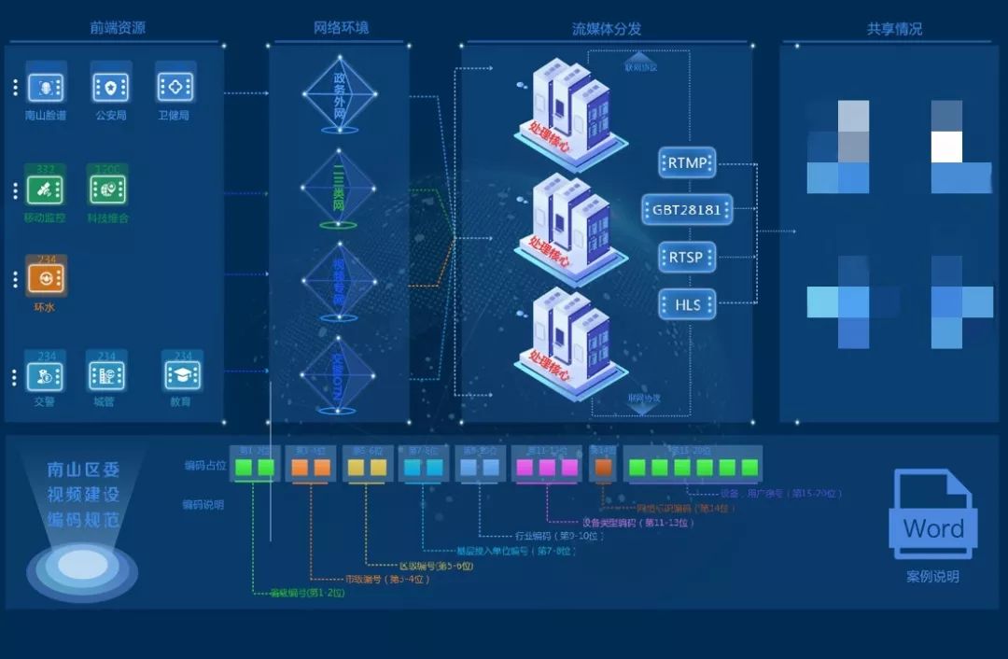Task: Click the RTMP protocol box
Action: (x=688, y=162)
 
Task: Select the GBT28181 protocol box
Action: (x=688, y=209)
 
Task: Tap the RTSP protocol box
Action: (x=688, y=257)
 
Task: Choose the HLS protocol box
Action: (x=688, y=303)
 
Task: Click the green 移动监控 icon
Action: (x=45, y=189)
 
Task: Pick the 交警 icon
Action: (x=45, y=375)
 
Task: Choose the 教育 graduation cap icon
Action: (x=182, y=375)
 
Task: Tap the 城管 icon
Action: (x=106, y=375)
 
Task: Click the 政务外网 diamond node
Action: (x=339, y=93)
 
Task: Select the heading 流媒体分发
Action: (x=607, y=29)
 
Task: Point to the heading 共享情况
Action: (x=894, y=29)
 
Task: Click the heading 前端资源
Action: (x=118, y=28)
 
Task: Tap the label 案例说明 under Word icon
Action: (x=932, y=577)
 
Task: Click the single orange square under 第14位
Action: (x=604, y=467)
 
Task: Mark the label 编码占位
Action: (x=203, y=466)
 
